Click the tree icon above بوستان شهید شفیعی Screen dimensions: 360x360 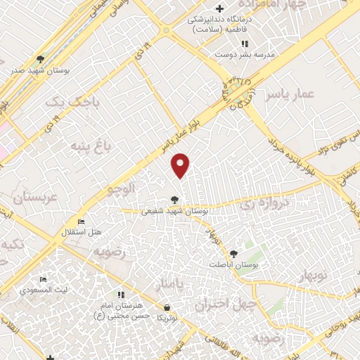coord(174,200)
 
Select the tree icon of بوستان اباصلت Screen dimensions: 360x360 coord(234,253)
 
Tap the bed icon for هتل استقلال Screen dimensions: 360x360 coord(82,221)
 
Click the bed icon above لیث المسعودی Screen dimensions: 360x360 coord(44,280)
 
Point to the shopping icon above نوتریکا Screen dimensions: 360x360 coord(167,307)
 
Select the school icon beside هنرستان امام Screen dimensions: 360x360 coord(122,295)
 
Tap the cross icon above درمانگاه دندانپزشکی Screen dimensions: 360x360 coord(220,9)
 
